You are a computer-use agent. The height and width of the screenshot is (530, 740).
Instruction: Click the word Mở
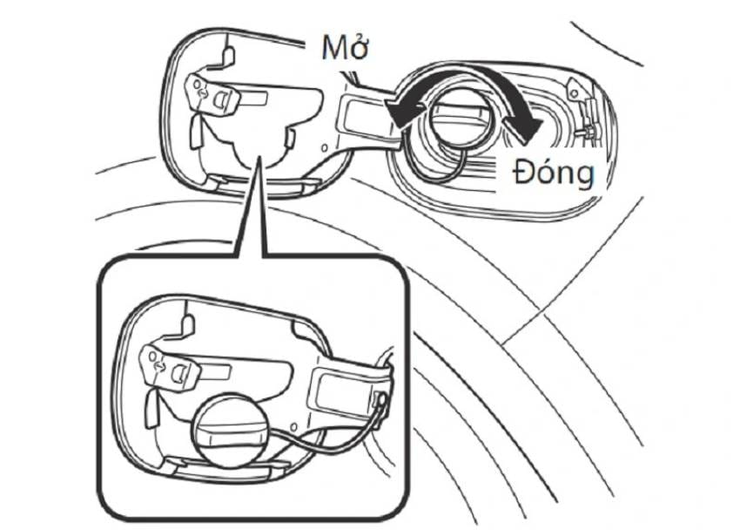[x=345, y=47]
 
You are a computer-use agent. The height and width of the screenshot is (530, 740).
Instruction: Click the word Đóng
[x=554, y=172]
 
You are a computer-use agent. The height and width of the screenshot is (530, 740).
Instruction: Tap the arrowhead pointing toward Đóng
[x=523, y=127]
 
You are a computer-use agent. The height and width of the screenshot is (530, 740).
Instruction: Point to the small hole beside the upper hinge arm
[x=324, y=148]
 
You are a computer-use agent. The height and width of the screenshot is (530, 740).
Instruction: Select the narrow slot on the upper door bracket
[x=253, y=99]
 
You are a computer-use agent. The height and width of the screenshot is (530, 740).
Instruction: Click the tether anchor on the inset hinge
[x=380, y=400]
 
